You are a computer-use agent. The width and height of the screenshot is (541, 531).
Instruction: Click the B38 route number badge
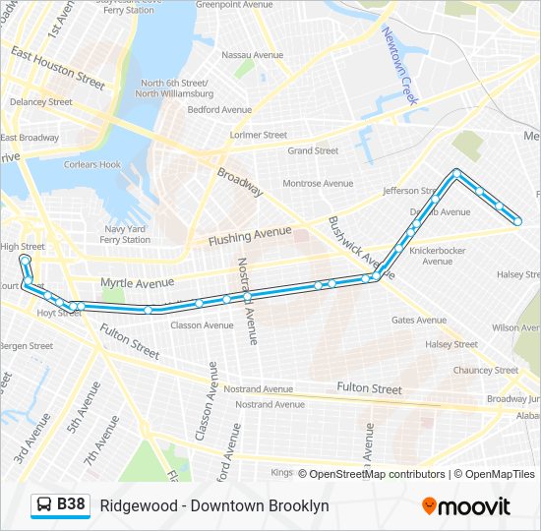(x=71, y=505)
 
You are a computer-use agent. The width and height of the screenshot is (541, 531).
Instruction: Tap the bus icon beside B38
(x=45, y=505)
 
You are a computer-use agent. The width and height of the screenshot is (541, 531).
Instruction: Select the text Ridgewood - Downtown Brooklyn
(x=214, y=506)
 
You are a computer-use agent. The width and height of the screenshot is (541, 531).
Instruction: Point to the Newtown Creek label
(x=400, y=66)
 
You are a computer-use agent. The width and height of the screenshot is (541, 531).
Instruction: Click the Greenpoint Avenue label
(x=233, y=5)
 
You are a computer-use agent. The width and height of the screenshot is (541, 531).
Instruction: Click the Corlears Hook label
(x=93, y=165)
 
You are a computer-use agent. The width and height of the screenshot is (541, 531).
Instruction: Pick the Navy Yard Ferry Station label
(x=125, y=233)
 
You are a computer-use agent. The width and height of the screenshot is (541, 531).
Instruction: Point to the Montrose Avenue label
(x=317, y=183)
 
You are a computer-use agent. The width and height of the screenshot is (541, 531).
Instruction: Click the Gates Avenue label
(x=418, y=320)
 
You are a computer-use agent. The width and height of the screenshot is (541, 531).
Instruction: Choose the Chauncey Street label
(x=485, y=370)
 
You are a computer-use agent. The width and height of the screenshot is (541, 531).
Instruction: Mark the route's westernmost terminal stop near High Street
(x=25, y=260)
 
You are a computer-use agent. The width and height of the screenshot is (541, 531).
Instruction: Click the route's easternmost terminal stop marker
(x=517, y=221)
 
